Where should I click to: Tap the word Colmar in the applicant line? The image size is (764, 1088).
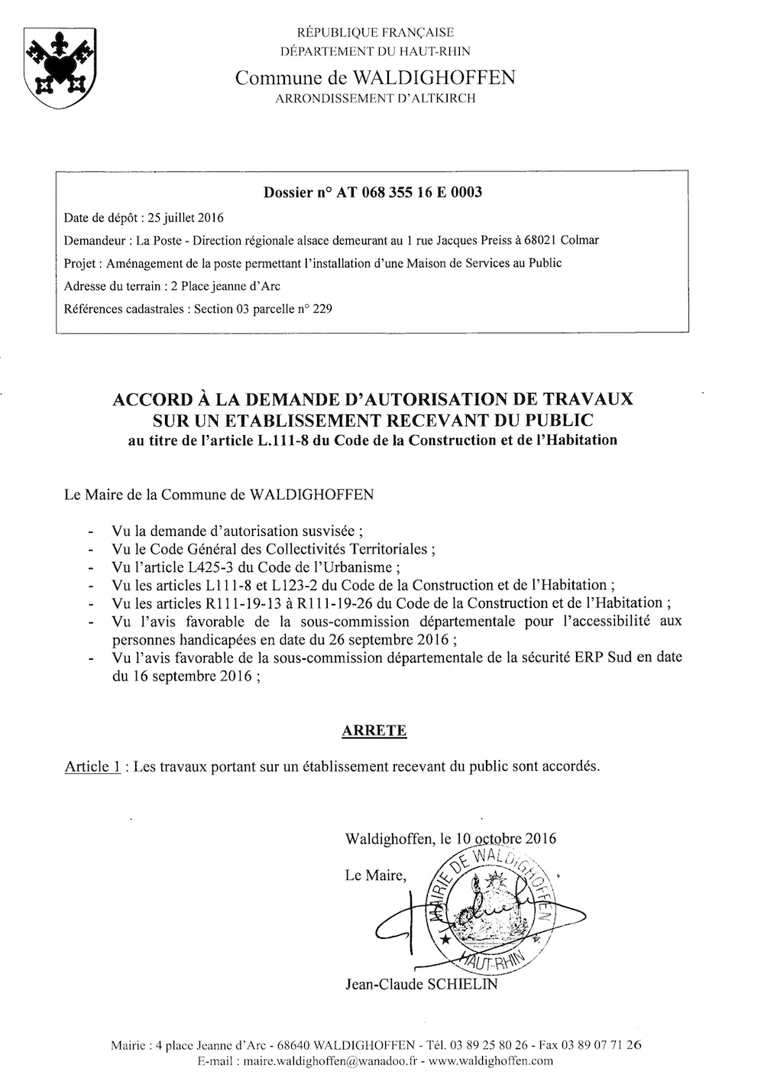click(579, 240)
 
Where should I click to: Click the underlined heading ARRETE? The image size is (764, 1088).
click(374, 730)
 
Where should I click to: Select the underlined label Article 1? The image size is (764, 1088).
click(92, 767)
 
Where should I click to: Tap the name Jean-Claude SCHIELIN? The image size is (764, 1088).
click(421, 984)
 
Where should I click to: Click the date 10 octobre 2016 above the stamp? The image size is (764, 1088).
click(505, 837)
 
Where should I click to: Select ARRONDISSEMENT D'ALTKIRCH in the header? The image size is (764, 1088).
click(375, 98)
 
